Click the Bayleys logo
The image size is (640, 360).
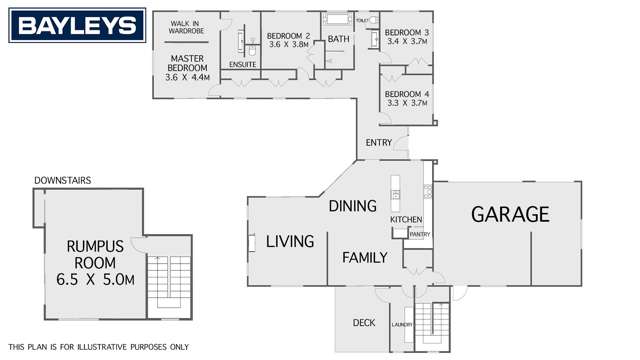click(74, 26)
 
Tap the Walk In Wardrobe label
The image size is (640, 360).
click(186, 27)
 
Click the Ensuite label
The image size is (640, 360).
click(243, 65)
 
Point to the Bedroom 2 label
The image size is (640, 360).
click(288, 42)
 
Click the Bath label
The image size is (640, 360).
click(338, 40)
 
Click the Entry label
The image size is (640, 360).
click(379, 143)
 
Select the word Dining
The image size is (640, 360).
click(352, 206)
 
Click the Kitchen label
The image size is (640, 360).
click(406, 219)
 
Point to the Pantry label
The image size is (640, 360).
click(419, 235)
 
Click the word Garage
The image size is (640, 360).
click(510, 214)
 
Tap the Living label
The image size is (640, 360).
click(290, 241)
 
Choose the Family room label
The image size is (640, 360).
click(364, 257)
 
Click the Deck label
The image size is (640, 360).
click(363, 322)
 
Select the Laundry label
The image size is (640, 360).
click(402, 325)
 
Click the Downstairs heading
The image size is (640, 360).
click(62, 180)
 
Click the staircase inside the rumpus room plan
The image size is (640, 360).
click(161, 283)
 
